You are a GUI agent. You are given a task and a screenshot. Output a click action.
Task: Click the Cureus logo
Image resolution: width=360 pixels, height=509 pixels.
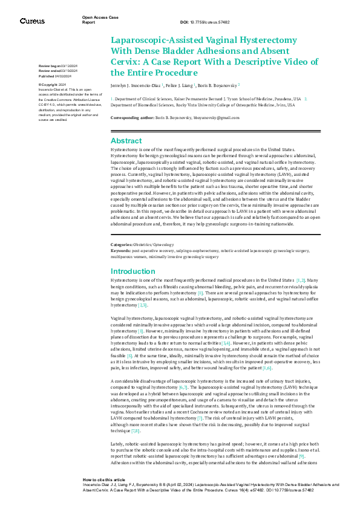(x=32, y=21)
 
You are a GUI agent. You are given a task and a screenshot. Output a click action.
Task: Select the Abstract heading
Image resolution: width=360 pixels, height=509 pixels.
(x=126, y=140)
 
